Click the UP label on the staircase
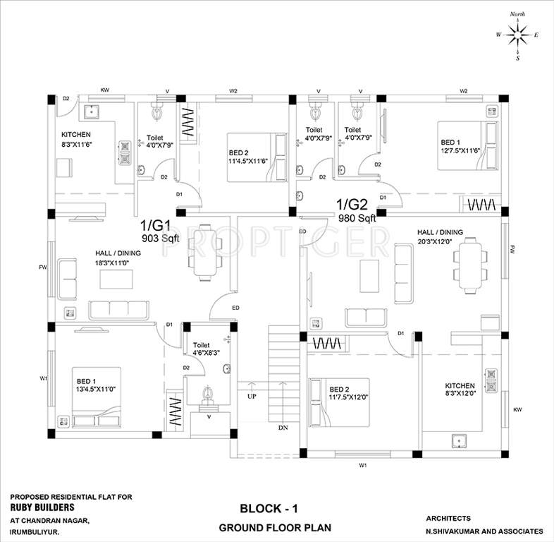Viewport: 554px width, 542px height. (252, 397)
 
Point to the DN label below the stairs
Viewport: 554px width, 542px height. (283, 428)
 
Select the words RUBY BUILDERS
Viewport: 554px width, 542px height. (42, 507)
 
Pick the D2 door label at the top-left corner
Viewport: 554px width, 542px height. (66, 99)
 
